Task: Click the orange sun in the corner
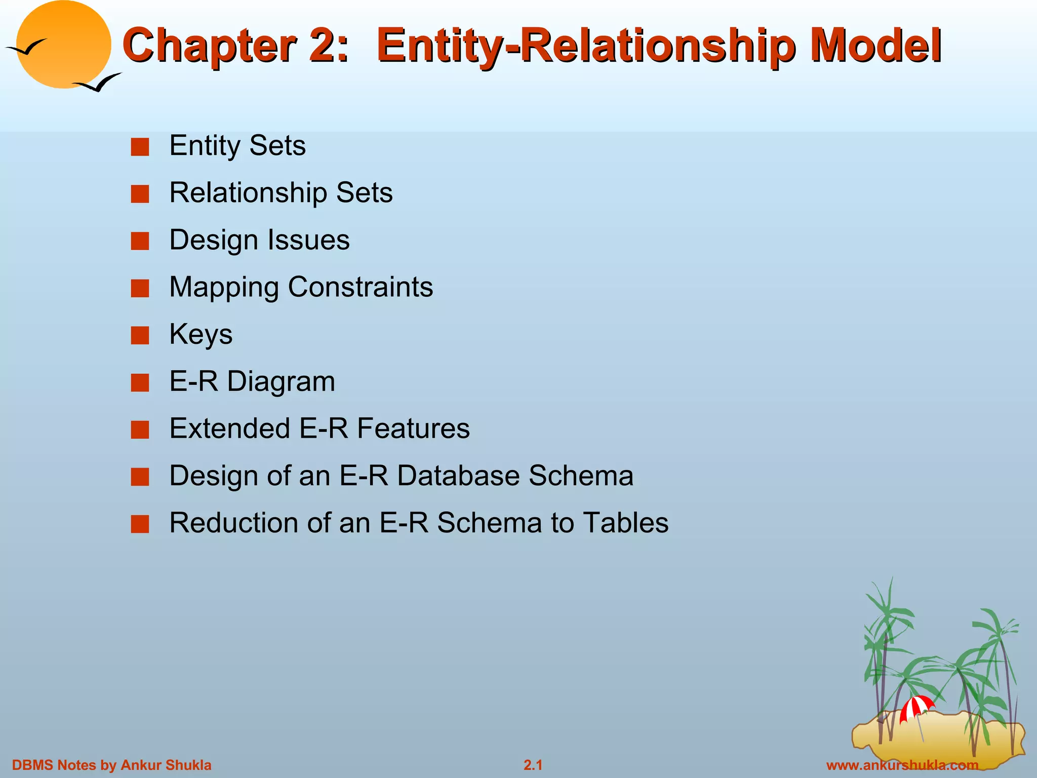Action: pos(63,44)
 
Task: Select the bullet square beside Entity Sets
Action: pos(140,147)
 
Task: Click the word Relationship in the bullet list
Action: pos(248,193)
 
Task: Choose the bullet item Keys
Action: pos(201,334)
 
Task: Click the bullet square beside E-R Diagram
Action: pos(140,383)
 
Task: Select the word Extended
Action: pos(229,429)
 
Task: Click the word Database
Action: pos(458,476)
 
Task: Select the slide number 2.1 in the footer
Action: pos(533,765)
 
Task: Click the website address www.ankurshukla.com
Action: pos(902,765)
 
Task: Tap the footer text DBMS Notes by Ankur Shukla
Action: pos(111,765)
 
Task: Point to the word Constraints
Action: pos(360,288)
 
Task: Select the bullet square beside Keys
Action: pos(140,335)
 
